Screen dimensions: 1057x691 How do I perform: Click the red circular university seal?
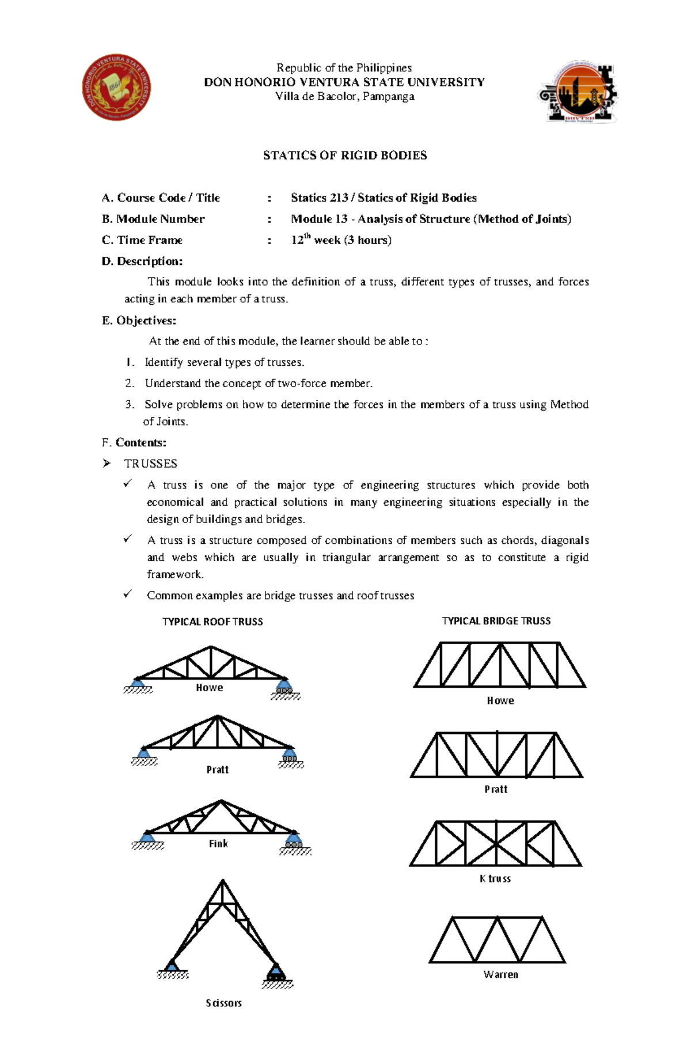click(x=116, y=88)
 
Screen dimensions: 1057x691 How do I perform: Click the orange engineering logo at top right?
click(x=578, y=92)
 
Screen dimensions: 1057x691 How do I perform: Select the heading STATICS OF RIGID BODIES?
click(x=344, y=156)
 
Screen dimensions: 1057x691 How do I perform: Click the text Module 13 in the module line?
click(x=319, y=219)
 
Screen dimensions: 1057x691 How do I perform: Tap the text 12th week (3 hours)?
click(x=341, y=240)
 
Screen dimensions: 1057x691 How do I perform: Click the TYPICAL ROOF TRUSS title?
click(x=212, y=622)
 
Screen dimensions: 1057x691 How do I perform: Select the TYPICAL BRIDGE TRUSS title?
click(x=496, y=621)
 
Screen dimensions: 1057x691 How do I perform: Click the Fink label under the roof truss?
click(x=218, y=843)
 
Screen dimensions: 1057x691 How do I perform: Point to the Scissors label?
click(x=223, y=1003)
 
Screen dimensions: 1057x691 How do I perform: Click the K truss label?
click(x=495, y=878)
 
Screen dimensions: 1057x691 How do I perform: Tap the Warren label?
click(x=500, y=975)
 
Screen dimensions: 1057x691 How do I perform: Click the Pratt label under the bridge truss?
click(x=495, y=789)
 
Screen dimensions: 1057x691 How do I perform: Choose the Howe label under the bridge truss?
click(x=500, y=700)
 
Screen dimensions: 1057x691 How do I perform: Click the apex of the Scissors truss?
click(x=223, y=881)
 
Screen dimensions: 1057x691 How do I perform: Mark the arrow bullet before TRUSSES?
click(x=107, y=464)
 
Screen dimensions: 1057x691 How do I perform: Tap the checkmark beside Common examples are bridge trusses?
click(x=128, y=594)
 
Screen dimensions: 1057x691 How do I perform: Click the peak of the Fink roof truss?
click(x=221, y=801)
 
